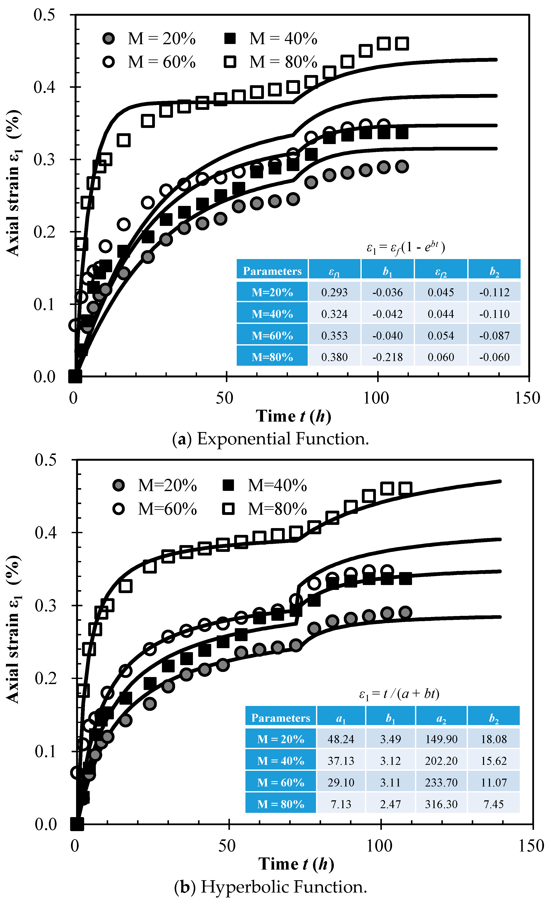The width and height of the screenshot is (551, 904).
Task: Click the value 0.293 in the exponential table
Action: click(x=334, y=292)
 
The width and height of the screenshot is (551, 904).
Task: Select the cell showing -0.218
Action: click(x=387, y=357)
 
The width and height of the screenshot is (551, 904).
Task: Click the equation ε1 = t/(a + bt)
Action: click(x=399, y=693)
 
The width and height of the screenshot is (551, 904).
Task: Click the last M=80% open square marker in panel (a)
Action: click(x=402, y=44)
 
